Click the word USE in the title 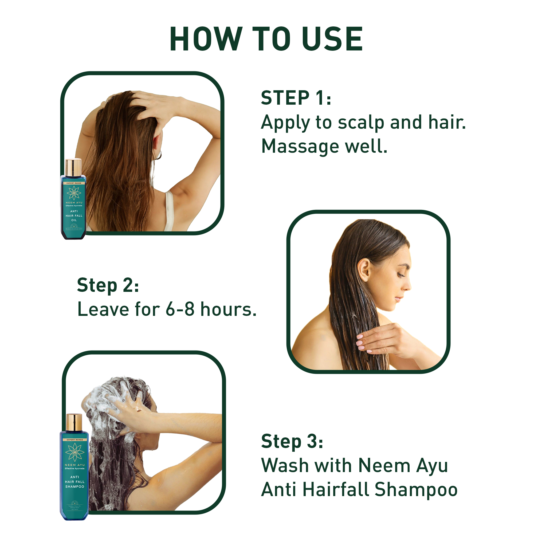click(332, 39)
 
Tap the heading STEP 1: click(296, 98)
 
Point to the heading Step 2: click(108, 285)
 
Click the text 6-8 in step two click(180, 309)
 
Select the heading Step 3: click(292, 441)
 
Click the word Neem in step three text click(384, 466)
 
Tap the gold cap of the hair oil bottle click(73, 167)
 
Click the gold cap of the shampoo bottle click(74, 422)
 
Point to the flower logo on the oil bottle click(74, 193)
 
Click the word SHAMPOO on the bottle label click(75, 487)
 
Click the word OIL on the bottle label click(74, 220)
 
